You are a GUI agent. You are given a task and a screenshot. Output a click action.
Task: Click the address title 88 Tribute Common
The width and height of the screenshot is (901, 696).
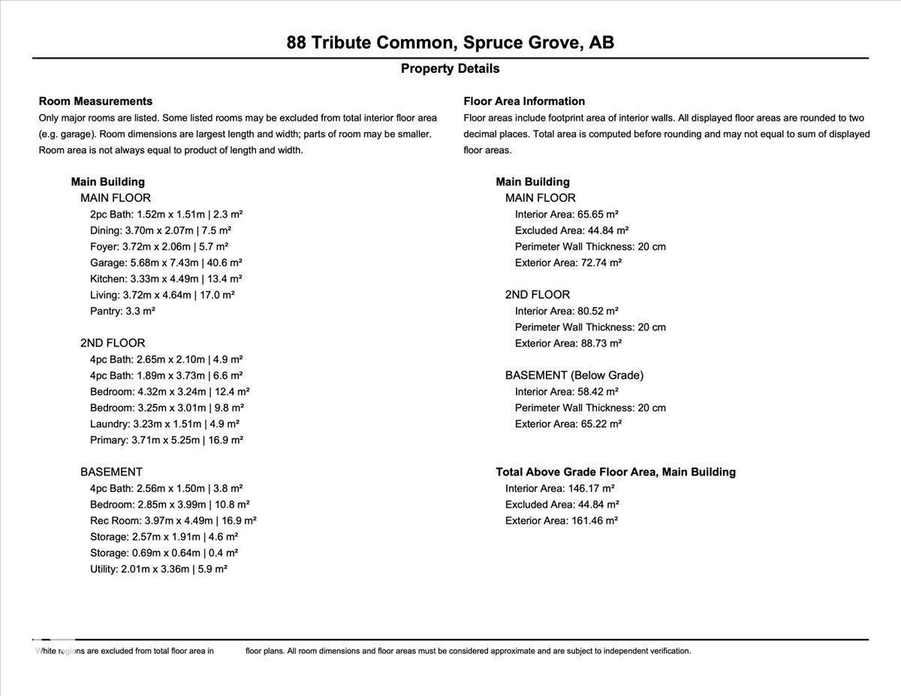450,42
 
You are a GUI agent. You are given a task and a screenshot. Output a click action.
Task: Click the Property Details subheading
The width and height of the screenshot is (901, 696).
450,68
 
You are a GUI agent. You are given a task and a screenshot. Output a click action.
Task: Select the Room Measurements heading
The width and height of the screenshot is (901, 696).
95,101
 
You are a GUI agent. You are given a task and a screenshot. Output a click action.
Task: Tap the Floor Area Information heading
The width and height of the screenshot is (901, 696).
524,101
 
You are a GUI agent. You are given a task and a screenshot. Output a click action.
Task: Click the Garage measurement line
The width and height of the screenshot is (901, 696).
166,263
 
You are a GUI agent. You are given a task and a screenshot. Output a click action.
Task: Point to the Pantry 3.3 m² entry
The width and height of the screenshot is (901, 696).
122,311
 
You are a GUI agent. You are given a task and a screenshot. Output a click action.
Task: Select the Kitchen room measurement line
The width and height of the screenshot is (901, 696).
166,279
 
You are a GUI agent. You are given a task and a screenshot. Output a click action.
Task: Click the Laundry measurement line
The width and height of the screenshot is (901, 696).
164,423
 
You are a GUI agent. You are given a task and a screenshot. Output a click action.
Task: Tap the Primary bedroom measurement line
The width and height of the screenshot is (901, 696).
167,440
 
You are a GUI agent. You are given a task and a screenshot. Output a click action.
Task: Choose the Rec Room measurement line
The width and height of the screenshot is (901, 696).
173,520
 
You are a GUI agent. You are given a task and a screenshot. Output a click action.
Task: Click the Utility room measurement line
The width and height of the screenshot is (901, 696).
158,569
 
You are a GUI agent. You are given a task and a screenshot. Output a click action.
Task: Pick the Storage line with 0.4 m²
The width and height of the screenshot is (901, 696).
164,553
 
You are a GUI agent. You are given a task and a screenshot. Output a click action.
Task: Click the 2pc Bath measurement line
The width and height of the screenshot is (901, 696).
166,214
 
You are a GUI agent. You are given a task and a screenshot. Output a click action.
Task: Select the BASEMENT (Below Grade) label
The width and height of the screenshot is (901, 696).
574,375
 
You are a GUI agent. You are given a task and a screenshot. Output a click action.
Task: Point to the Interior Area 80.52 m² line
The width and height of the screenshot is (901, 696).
567,311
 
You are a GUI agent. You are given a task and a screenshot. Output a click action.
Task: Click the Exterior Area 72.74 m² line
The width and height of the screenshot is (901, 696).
568,263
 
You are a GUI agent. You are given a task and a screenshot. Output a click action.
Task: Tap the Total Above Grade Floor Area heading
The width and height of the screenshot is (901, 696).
616,472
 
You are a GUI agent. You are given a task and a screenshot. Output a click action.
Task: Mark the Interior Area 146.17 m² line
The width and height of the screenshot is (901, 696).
560,488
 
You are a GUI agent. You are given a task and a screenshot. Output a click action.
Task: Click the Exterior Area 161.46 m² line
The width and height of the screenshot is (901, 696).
562,520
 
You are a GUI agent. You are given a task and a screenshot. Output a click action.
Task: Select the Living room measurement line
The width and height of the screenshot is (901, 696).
162,295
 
